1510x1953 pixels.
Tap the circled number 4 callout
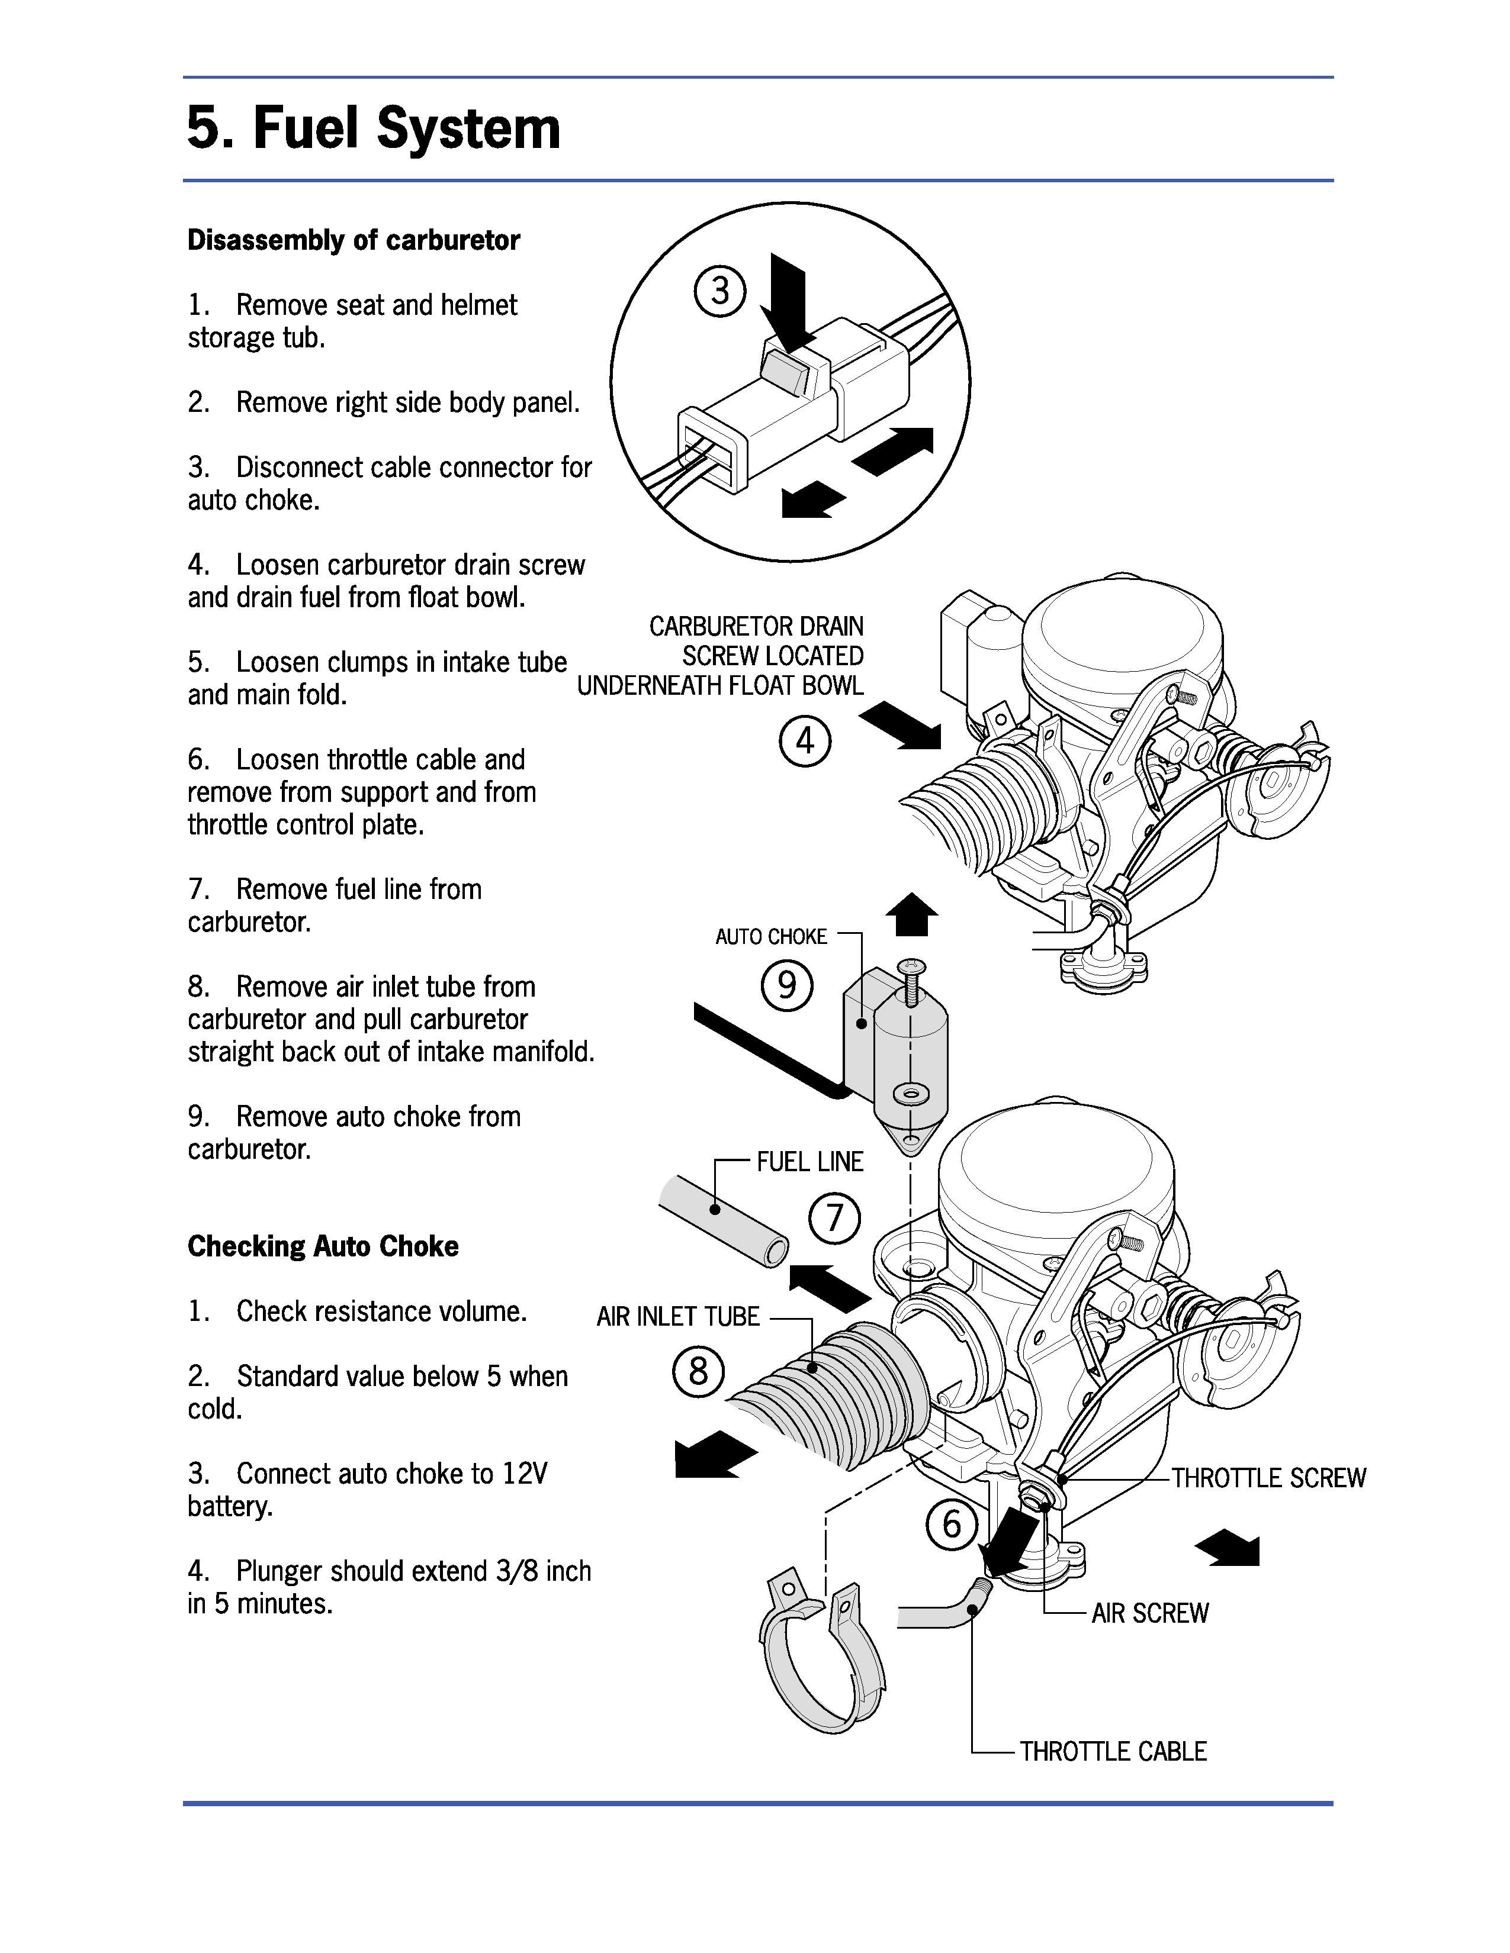point(804,742)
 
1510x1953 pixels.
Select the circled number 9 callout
point(786,985)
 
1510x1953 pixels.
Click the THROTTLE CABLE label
point(1113,1751)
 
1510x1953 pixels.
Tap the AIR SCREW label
point(1149,1613)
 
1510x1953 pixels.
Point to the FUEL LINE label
point(809,1162)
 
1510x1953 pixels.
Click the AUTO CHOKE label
point(771,936)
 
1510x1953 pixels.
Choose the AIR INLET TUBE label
point(678,1316)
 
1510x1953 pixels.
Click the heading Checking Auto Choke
point(323,1246)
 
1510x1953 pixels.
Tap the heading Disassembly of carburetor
point(354,240)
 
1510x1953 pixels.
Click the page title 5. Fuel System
point(374,128)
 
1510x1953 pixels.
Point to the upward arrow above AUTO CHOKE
point(911,914)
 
